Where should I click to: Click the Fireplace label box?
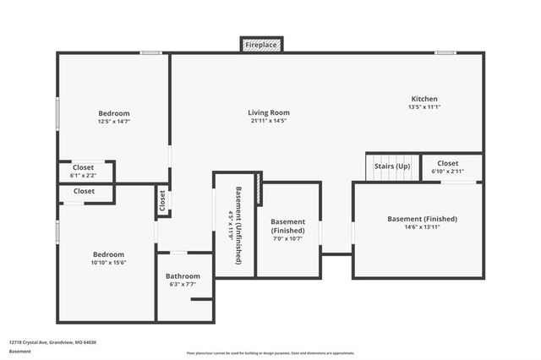pos(262,44)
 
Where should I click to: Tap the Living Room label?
pos(269,112)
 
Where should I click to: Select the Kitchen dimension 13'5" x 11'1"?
pos(424,106)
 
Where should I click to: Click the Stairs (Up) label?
pos(392,166)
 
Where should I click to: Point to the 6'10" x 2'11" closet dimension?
pos(447,172)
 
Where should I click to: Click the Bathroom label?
pos(183,276)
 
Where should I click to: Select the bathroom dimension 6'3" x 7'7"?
pos(183,284)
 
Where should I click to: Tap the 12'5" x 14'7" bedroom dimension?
pos(113,122)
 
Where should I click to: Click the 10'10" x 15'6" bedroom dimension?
pos(108,263)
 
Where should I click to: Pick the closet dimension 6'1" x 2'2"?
pos(83,176)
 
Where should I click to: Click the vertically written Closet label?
pos(161,201)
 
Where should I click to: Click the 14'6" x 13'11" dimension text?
pos(422,227)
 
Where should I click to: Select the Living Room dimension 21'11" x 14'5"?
pos(269,121)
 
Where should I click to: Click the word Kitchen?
pos(424,99)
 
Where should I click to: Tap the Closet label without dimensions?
pos(84,191)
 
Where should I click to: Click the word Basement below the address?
pos(19,351)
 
